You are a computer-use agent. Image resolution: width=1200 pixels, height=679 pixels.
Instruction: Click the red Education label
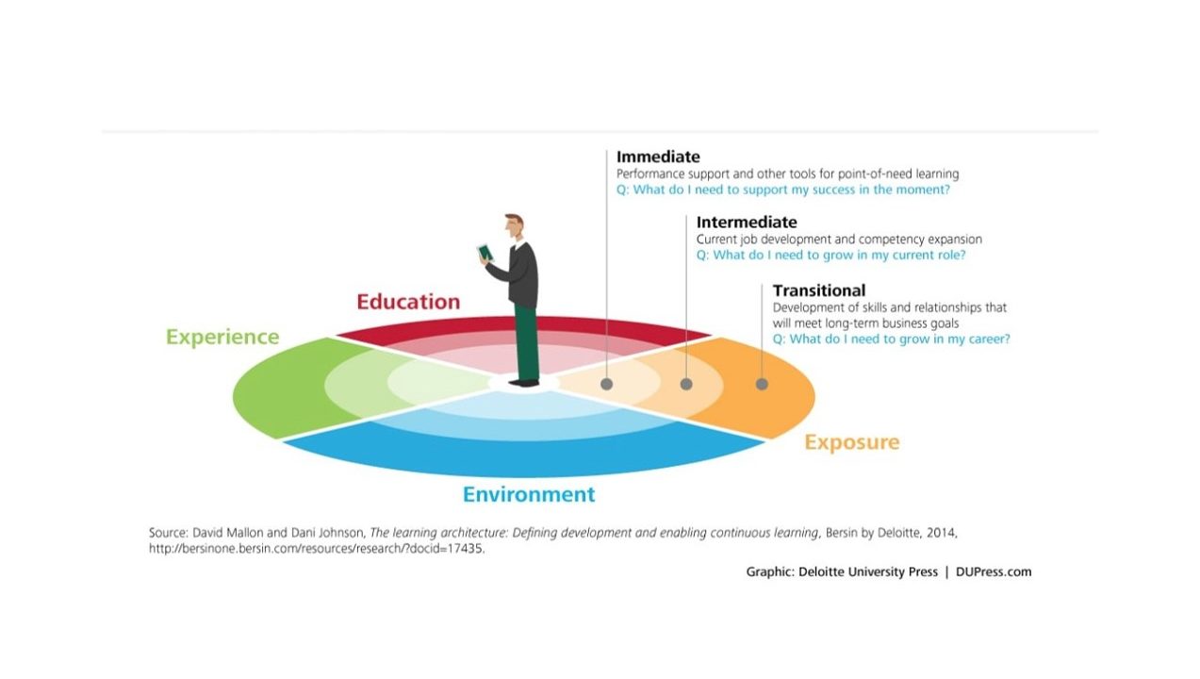(x=408, y=302)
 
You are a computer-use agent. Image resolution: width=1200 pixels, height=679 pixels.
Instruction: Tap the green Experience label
(x=222, y=337)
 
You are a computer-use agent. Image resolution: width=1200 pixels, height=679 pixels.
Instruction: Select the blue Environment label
(x=529, y=494)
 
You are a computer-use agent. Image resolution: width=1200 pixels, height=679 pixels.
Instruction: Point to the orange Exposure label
(x=852, y=442)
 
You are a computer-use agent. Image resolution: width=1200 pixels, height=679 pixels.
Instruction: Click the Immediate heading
(x=658, y=157)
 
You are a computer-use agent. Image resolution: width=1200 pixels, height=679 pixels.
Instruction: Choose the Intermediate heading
(x=747, y=222)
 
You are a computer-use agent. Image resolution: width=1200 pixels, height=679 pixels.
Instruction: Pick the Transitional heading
(x=818, y=290)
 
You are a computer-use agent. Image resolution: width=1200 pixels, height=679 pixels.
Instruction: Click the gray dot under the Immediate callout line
(x=606, y=384)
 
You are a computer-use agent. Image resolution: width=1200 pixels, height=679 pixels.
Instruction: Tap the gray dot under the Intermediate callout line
(x=686, y=384)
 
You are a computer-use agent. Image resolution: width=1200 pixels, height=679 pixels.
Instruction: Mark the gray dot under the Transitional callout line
(x=762, y=384)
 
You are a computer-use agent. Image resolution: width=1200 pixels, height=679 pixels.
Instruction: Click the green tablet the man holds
(x=485, y=253)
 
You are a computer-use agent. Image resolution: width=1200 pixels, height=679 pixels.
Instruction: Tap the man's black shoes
(x=524, y=383)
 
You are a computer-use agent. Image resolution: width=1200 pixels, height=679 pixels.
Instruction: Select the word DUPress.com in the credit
(x=994, y=571)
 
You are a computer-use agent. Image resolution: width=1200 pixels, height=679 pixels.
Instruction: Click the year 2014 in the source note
(x=942, y=533)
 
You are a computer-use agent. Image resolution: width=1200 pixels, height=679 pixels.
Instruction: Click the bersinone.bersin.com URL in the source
(x=317, y=549)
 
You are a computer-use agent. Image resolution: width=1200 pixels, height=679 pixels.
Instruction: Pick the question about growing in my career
(x=891, y=339)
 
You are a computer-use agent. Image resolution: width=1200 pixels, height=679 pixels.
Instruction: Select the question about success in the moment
(x=782, y=190)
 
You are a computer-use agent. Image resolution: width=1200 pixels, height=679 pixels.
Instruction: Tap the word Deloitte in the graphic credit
(x=820, y=571)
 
